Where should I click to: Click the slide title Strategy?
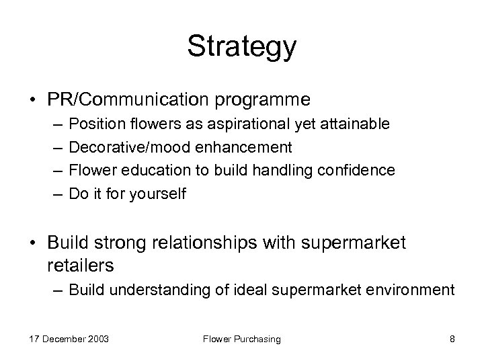(241, 48)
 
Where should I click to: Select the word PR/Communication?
(129, 99)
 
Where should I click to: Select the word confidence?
(360, 171)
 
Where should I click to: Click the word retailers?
(81, 265)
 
